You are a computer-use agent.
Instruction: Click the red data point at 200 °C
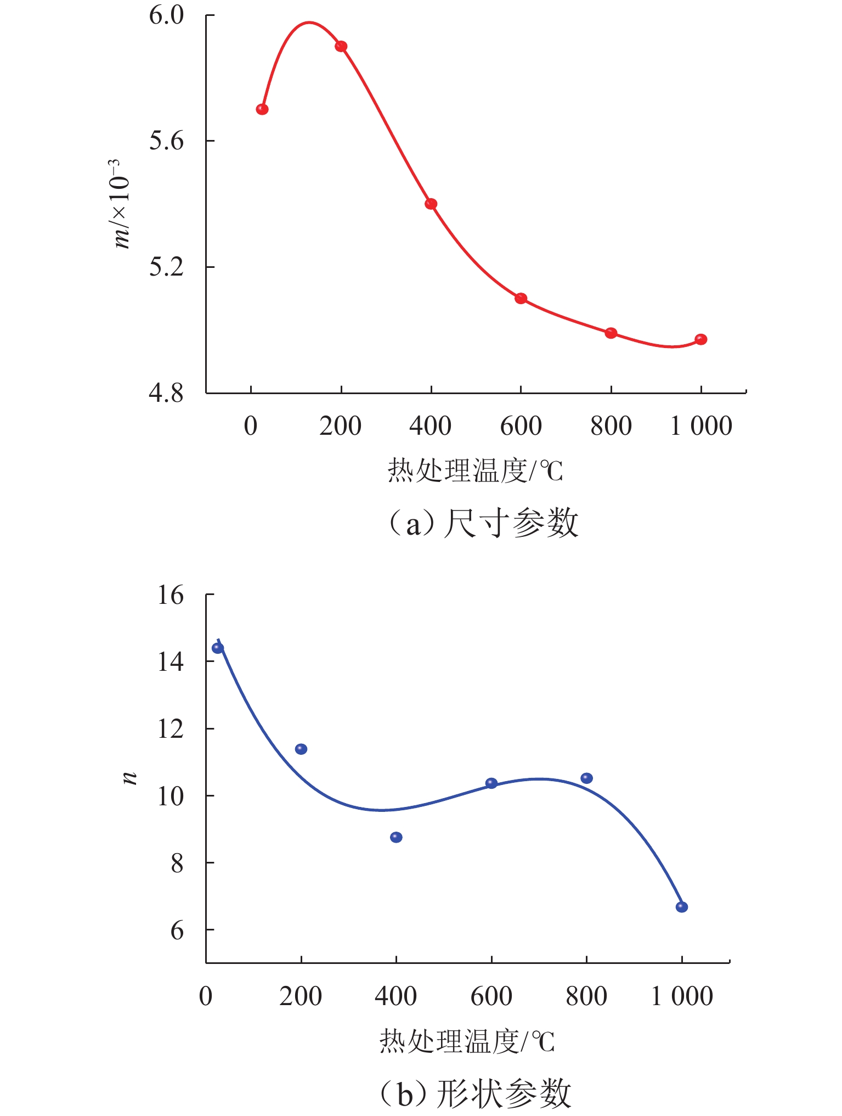[x=341, y=46]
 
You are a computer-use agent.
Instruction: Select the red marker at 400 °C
[x=431, y=204]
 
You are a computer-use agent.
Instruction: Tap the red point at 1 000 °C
[x=700, y=340]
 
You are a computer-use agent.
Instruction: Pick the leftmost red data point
[x=262, y=109]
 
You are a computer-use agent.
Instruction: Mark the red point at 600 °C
[x=521, y=299]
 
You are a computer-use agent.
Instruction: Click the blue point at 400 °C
[x=396, y=837]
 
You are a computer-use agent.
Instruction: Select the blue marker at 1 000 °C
[x=681, y=907]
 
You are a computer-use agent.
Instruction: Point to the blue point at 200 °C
[x=301, y=749]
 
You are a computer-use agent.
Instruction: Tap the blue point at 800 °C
[x=586, y=778]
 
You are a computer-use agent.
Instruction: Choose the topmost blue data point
[x=218, y=648]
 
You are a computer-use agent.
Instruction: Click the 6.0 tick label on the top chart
[x=166, y=15]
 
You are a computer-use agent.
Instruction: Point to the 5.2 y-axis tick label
[x=166, y=267]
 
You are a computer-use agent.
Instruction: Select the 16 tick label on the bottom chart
[x=171, y=595]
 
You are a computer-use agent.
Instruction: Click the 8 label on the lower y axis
[x=177, y=863]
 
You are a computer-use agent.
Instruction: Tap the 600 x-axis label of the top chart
[x=521, y=427]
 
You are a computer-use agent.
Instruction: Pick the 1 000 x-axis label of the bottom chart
[x=681, y=996]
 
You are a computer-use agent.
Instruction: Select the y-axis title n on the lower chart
[x=129, y=777]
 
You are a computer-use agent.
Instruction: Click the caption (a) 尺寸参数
[x=483, y=523]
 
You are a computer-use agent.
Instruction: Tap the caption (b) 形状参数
[x=476, y=1093]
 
